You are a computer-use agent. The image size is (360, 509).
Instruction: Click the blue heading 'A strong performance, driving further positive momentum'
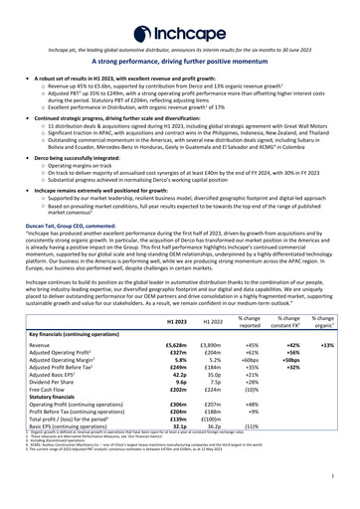pos(180,62)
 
